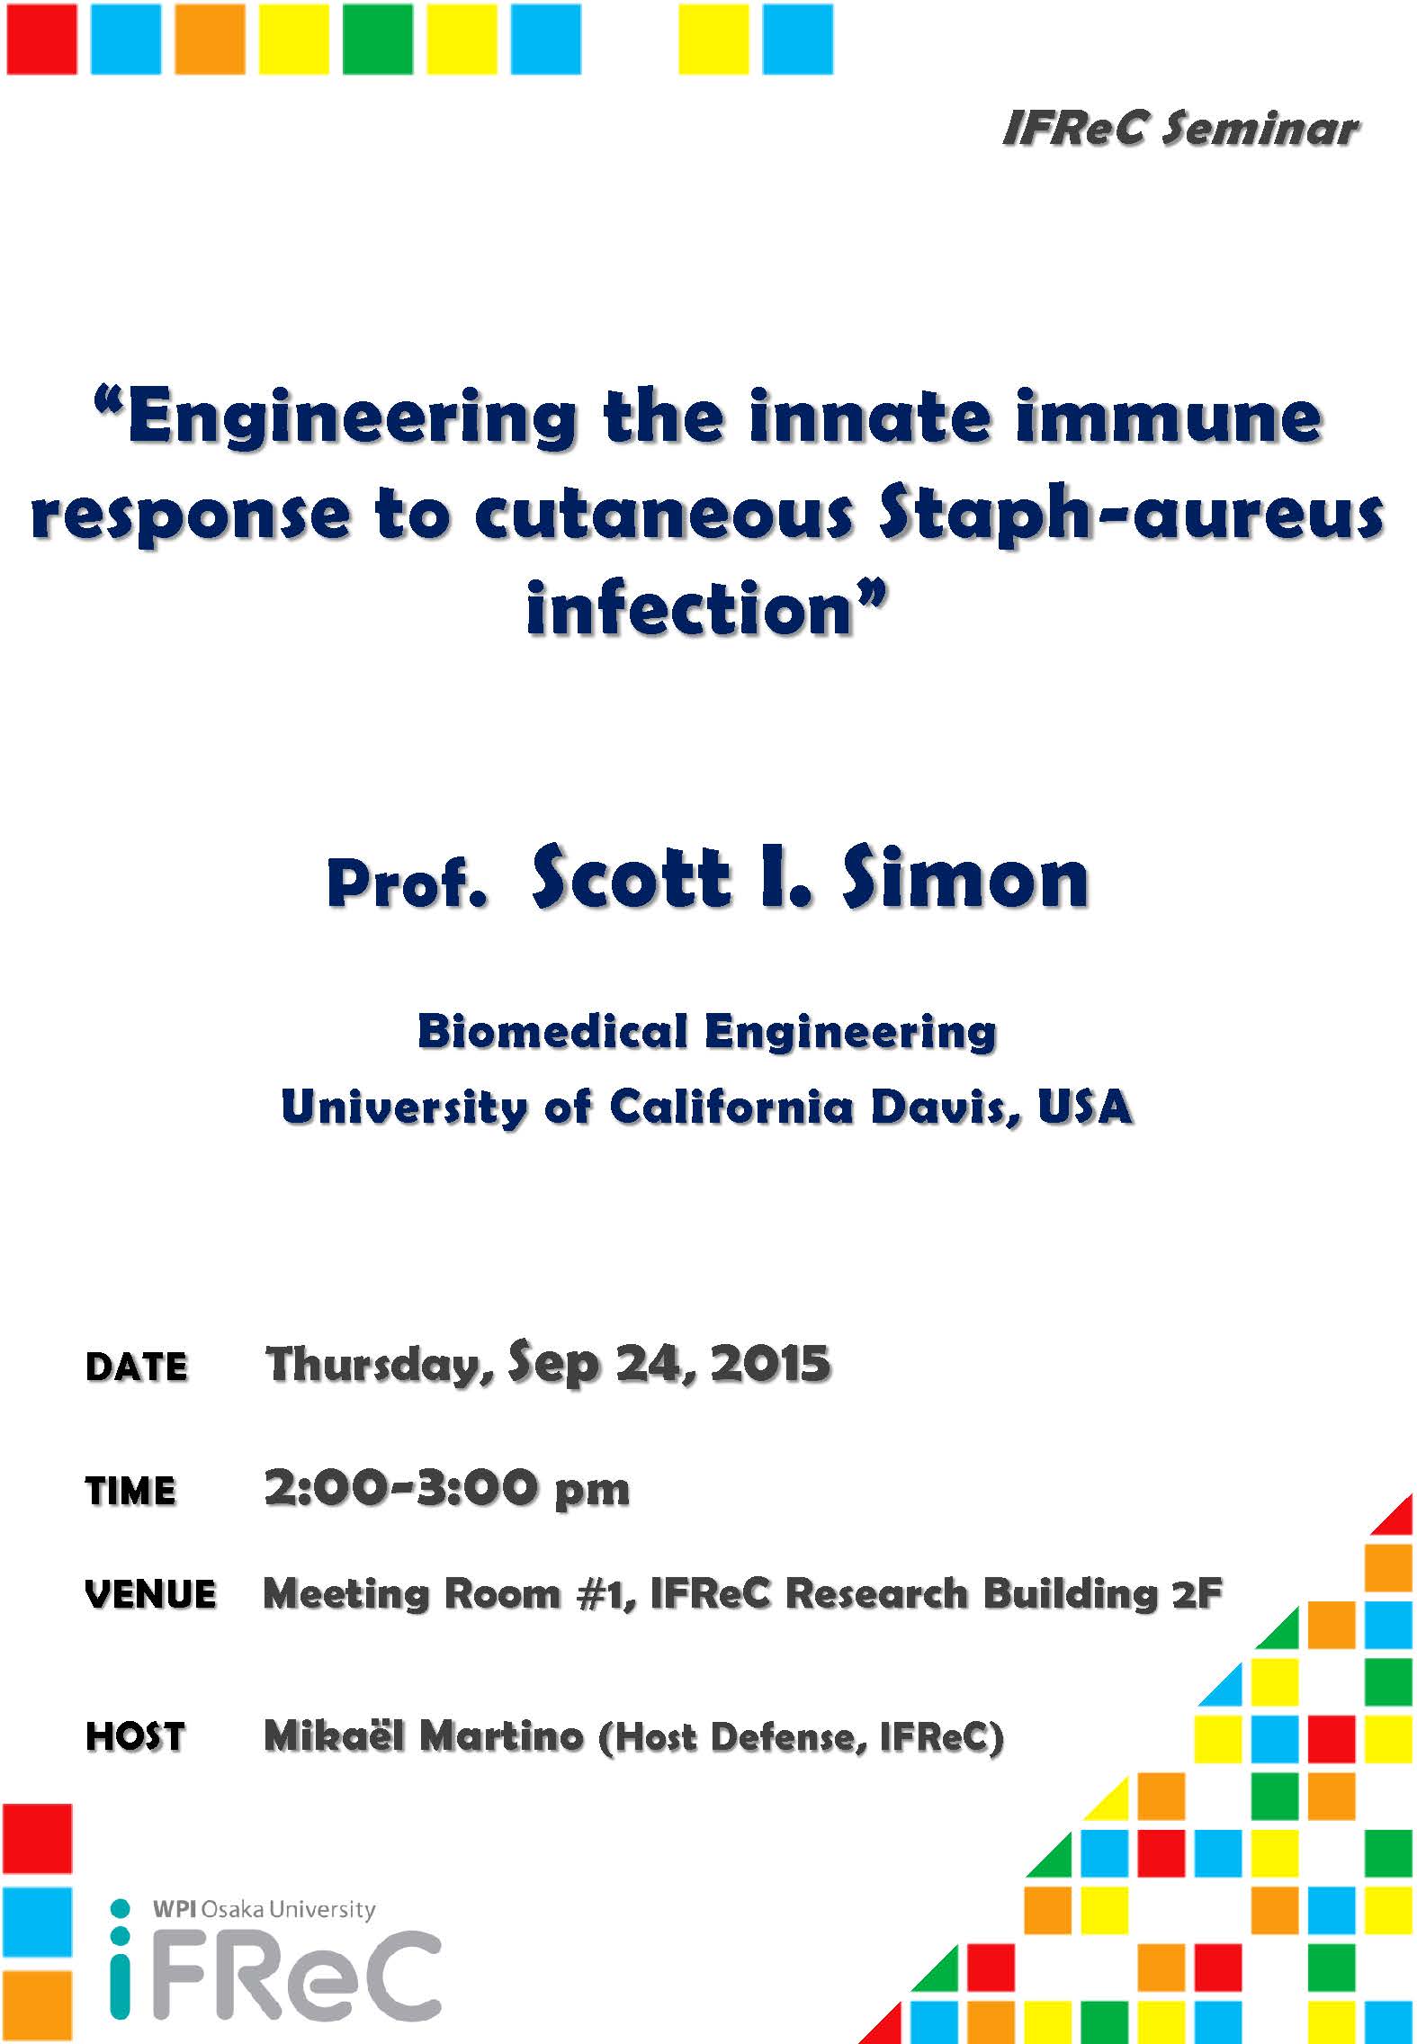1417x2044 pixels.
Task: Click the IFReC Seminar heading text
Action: (x=1179, y=130)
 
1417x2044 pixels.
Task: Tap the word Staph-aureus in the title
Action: (x=1131, y=516)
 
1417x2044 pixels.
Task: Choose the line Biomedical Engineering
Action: (x=707, y=1032)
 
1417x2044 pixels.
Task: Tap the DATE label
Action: (x=137, y=1367)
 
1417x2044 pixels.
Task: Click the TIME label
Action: (x=130, y=1491)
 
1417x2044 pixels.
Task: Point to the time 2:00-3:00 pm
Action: (x=447, y=1488)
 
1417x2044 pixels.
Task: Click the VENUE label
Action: (x=150, y=1595)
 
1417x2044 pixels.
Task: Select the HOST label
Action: (x=135, y=1736)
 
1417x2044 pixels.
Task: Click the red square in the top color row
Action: (x=41, y=39)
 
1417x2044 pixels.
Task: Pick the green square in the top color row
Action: (x=378, y=39)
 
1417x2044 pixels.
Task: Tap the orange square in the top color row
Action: (x=210, y=39)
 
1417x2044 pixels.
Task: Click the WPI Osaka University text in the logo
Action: (x=264, y=1909)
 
